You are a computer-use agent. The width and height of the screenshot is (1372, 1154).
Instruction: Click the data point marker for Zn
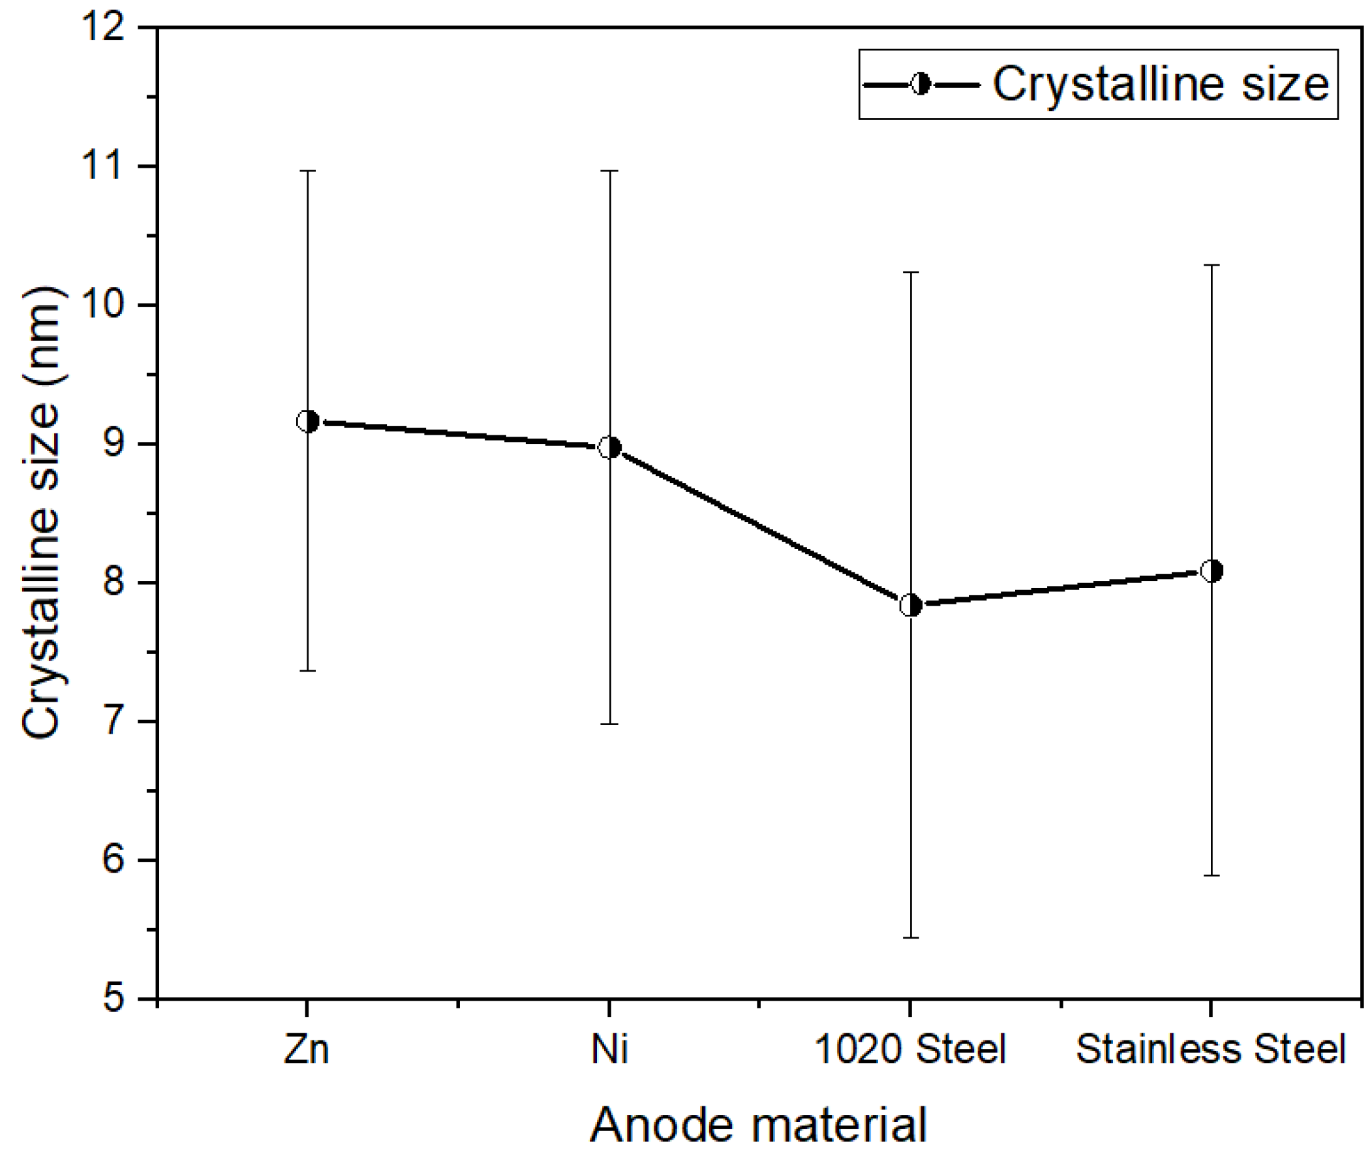[307, 421]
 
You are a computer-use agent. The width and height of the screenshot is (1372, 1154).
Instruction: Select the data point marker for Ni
[609, 448]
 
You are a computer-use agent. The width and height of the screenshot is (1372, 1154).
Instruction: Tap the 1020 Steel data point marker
[910, 605]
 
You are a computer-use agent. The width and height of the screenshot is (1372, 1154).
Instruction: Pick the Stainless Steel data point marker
[1212, 570]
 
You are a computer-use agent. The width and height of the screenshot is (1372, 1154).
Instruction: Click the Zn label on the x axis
[306, 1050]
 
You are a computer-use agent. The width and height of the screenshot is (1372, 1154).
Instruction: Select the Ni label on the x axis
[609, 1050]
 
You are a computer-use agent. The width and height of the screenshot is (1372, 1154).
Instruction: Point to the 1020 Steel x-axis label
[909, 1050]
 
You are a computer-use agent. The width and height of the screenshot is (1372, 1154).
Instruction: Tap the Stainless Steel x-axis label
[1210, 1050]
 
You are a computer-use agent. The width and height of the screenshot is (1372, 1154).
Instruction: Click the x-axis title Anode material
[759, 1125]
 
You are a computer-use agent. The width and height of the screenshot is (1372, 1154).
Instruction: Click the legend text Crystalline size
[1161, 84]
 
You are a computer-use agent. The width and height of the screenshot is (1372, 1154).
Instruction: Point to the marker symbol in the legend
[921, 84]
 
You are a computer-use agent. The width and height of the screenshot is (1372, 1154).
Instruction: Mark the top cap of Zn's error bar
[307, 171]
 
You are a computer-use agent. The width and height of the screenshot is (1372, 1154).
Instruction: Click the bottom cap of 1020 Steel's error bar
[910, 937]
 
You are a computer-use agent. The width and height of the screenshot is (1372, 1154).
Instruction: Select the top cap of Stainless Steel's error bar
[1212, 265]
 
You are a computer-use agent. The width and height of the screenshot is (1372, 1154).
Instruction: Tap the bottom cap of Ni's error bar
[609, 725]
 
